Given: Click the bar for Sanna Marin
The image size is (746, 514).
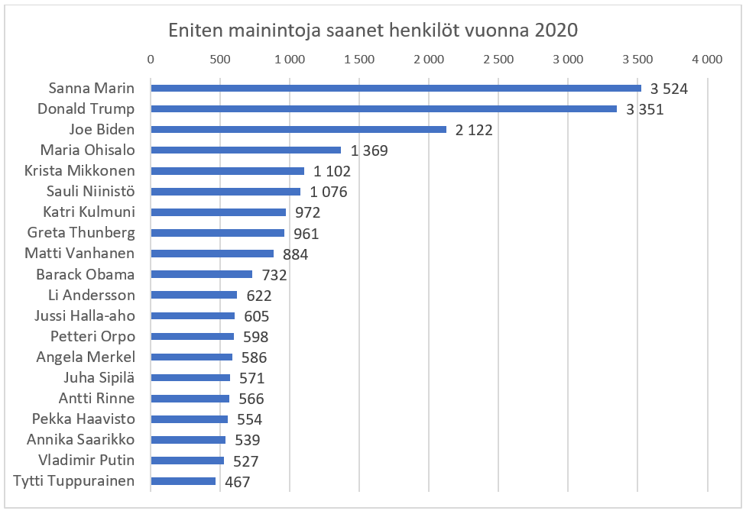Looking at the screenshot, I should pos(396,88).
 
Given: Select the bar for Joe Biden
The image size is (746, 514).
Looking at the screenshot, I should pos(298,129).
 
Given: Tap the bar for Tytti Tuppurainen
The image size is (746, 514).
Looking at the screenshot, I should pos(183,481).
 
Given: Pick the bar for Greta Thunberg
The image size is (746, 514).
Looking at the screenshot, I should pos(218,233).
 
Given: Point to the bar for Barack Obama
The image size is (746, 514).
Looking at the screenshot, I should pos(202,274).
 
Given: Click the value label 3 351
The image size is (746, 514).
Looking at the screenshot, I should pos(644,109).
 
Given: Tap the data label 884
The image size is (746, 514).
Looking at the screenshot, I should pos(294,254).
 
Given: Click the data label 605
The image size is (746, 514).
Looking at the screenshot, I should pos(256,316).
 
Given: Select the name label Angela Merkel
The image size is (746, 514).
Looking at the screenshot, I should pos(86,357).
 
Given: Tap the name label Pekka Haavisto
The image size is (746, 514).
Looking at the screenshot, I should pos(83,419).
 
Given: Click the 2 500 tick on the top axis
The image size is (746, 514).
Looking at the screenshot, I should pos(498,59).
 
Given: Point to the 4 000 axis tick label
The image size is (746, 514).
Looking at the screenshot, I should pos(706,59).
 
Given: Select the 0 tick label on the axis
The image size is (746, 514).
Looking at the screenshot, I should pos(151,59).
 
